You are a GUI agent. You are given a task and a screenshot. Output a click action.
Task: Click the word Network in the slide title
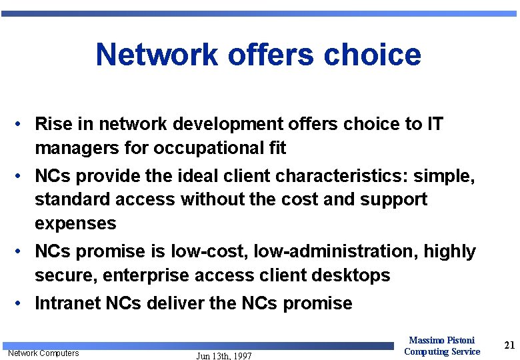(156, 55)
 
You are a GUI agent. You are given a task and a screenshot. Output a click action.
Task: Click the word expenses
(75, 223)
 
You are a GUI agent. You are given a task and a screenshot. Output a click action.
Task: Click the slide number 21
(509, 345)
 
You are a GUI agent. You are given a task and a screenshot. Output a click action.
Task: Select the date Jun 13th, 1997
(224, 356)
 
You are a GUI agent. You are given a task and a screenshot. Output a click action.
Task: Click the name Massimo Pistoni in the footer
(441, 341)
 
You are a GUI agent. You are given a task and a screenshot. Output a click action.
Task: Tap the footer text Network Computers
(43, 353)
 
